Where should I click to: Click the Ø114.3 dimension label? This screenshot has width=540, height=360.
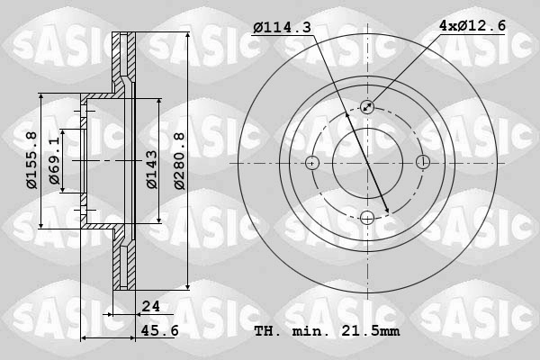pos(282,28)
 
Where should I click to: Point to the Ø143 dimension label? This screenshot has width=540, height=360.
pos(151,168)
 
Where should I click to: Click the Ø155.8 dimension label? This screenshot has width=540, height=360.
pos(31,160)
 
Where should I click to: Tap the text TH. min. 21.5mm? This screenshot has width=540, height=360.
pos(327,330)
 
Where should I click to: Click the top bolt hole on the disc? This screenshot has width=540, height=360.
pos(367,107)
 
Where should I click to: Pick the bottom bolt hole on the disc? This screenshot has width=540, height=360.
pos(367,217)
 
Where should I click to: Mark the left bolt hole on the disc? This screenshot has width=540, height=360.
pos(312,163)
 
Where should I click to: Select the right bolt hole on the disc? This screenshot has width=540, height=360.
pos(422,163)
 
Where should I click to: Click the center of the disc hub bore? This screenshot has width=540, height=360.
pos(367,163)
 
